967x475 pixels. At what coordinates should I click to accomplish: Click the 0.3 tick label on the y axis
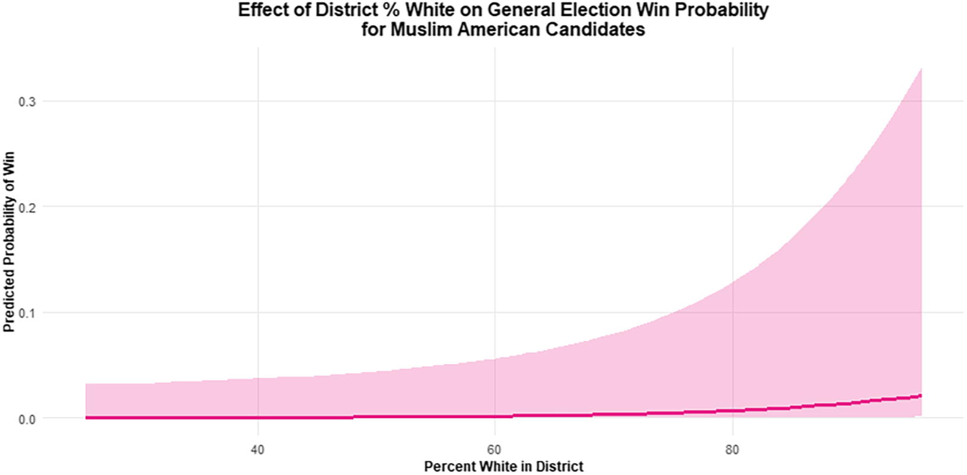[27, 102]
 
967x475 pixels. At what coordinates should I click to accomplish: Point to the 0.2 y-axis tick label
[27, 207]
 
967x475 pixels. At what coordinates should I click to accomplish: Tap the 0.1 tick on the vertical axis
[27, 313]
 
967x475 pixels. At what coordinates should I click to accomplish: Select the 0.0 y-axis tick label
[27, 419]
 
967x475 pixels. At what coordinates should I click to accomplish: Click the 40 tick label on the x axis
[258, 450]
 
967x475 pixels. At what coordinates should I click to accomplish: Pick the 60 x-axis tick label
[494, 450]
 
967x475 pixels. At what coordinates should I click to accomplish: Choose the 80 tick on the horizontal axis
[733, 450]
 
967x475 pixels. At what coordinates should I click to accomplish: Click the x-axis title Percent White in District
[504, 467]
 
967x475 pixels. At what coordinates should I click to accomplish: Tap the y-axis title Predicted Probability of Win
[9, 242]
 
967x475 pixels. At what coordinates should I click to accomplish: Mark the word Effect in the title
[263, 10]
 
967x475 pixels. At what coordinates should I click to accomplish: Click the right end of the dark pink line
[921, 396]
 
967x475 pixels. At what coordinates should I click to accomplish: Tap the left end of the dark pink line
[86, 418]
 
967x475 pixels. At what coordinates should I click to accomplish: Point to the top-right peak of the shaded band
[921, 68]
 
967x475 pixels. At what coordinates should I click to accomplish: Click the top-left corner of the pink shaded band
[86, 384]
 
